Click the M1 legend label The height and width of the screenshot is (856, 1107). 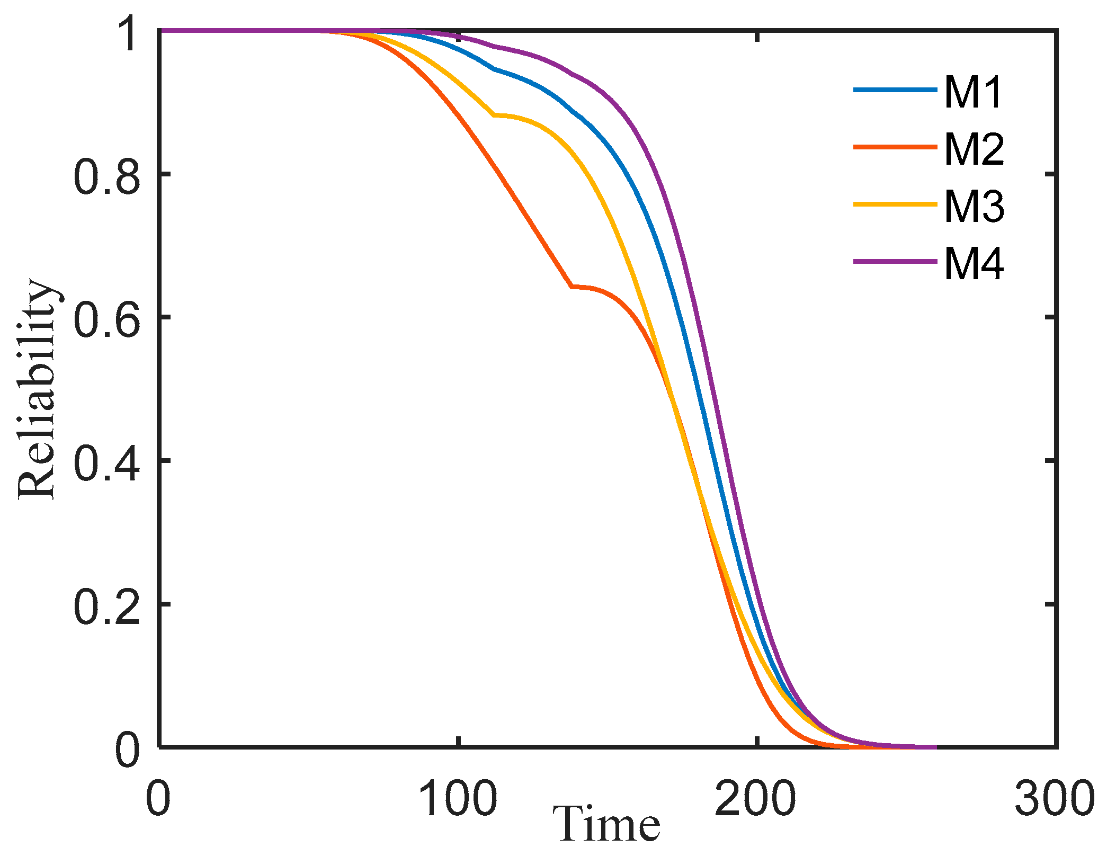point(974,92)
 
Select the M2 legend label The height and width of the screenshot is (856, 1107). point(974,149)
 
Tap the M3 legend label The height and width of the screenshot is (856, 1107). point(974,207)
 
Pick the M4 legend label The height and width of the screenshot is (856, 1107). point(974,264)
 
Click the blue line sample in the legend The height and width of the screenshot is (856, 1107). point(895,90)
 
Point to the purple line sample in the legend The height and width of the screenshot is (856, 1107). point(895,261)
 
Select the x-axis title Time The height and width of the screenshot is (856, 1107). point(607,824)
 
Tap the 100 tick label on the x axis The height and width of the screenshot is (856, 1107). point(458,798)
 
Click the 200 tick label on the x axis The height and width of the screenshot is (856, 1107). point(756,798)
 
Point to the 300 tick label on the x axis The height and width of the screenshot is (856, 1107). point(1054,798)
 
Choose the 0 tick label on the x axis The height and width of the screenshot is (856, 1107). point(158,798)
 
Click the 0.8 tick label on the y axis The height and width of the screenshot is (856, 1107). point(108,175)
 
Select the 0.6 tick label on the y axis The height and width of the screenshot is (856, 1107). point(108,318)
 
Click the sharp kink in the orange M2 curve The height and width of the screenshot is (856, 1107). point(572,287)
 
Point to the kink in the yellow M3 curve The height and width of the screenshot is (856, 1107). point(494,114)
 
